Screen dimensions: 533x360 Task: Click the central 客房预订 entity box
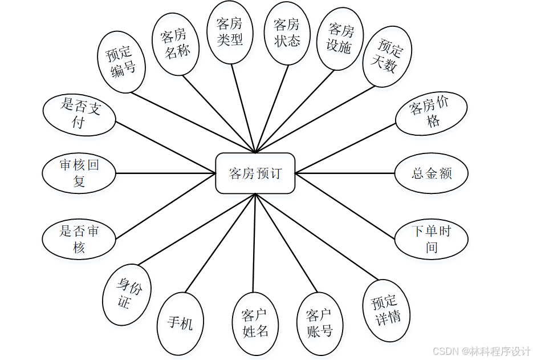point(255,173)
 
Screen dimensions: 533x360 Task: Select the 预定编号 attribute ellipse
point(121,63)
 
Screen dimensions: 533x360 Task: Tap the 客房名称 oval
point(176,45)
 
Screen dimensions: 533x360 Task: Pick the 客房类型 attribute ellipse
point(230,32)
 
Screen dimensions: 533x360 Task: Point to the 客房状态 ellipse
point(287,33)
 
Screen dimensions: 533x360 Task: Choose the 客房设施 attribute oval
point(340,39)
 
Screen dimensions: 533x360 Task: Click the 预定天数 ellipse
point(387,58)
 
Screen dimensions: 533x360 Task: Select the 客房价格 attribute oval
point(431,113)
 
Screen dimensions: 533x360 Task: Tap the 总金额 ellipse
point(432,173)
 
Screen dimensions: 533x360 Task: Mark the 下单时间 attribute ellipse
point(432,239)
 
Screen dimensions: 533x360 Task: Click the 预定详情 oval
point(388,310)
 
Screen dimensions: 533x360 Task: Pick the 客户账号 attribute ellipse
point(319,323)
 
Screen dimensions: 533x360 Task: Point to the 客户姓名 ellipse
point(255,323)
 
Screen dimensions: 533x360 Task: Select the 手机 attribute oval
point(180,323)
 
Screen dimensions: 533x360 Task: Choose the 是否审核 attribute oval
point(79,239)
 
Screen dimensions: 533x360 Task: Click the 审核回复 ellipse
point(79,173)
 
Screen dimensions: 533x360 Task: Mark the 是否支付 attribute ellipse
point(79,114)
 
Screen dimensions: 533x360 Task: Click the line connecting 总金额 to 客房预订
point(345,173)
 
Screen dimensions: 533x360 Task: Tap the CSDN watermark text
point(481,350)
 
